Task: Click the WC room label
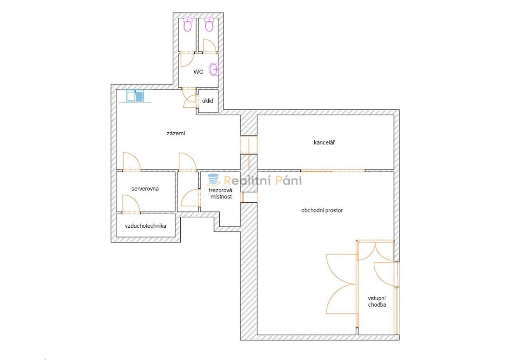(198, 72)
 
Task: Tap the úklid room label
(208, 101)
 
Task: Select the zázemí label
(176, 133)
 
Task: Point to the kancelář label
(324, 142)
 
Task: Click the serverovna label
(145, 189)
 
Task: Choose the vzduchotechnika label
(145, 226)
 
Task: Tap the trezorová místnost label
(221, 193)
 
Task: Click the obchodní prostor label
(322, 211)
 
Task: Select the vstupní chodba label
(377, 301)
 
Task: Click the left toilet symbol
(187, 25)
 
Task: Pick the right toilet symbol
(209, 25)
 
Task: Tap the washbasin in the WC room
(214, 69)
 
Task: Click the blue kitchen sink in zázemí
(135, 96)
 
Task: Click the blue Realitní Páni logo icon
(213, 180)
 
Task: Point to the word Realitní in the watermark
(248, 181)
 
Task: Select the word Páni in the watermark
(288, 181)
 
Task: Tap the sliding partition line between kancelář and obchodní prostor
(333, 171)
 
